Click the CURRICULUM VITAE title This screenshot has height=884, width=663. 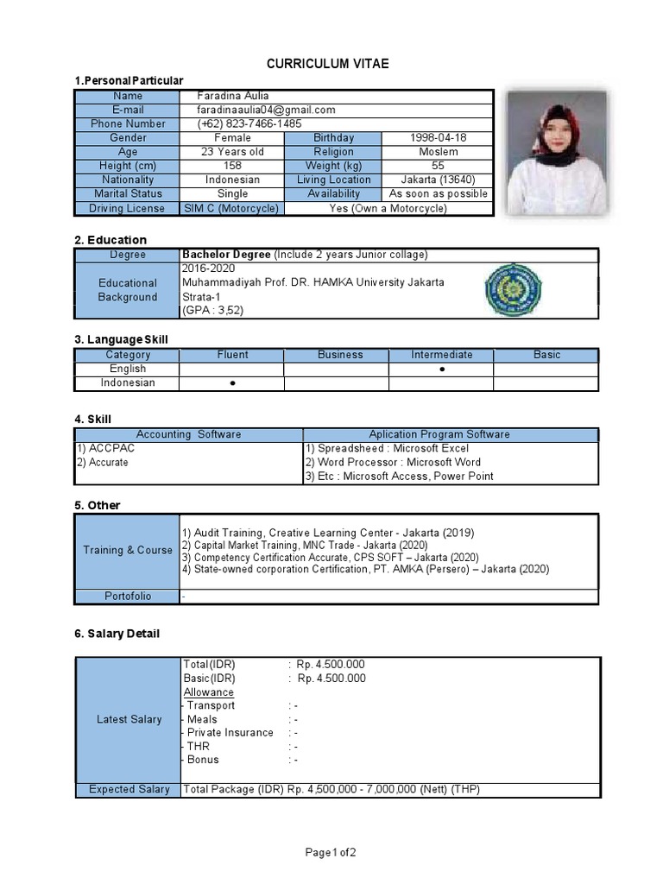[327, 64]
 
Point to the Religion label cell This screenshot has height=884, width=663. [333, 152]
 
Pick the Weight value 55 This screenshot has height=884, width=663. [437, 166]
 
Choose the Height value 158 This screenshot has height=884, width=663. [232, 166]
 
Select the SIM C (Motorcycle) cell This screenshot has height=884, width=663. [231, 208]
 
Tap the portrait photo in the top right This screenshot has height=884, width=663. [544, 152]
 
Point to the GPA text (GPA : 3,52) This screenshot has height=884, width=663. [213, 311]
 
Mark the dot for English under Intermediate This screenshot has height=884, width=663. [441, 369]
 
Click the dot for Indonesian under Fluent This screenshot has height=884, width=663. [232, 383]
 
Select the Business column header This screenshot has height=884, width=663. [340, 355]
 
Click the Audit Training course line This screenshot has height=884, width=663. [328, 534]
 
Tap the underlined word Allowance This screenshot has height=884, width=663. [208, 692]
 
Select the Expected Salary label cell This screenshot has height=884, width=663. [129, 789]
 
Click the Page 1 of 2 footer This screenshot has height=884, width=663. [331, 853]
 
